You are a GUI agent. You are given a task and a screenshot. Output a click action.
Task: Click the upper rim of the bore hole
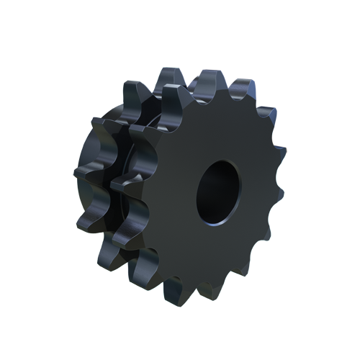point(220,161)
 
